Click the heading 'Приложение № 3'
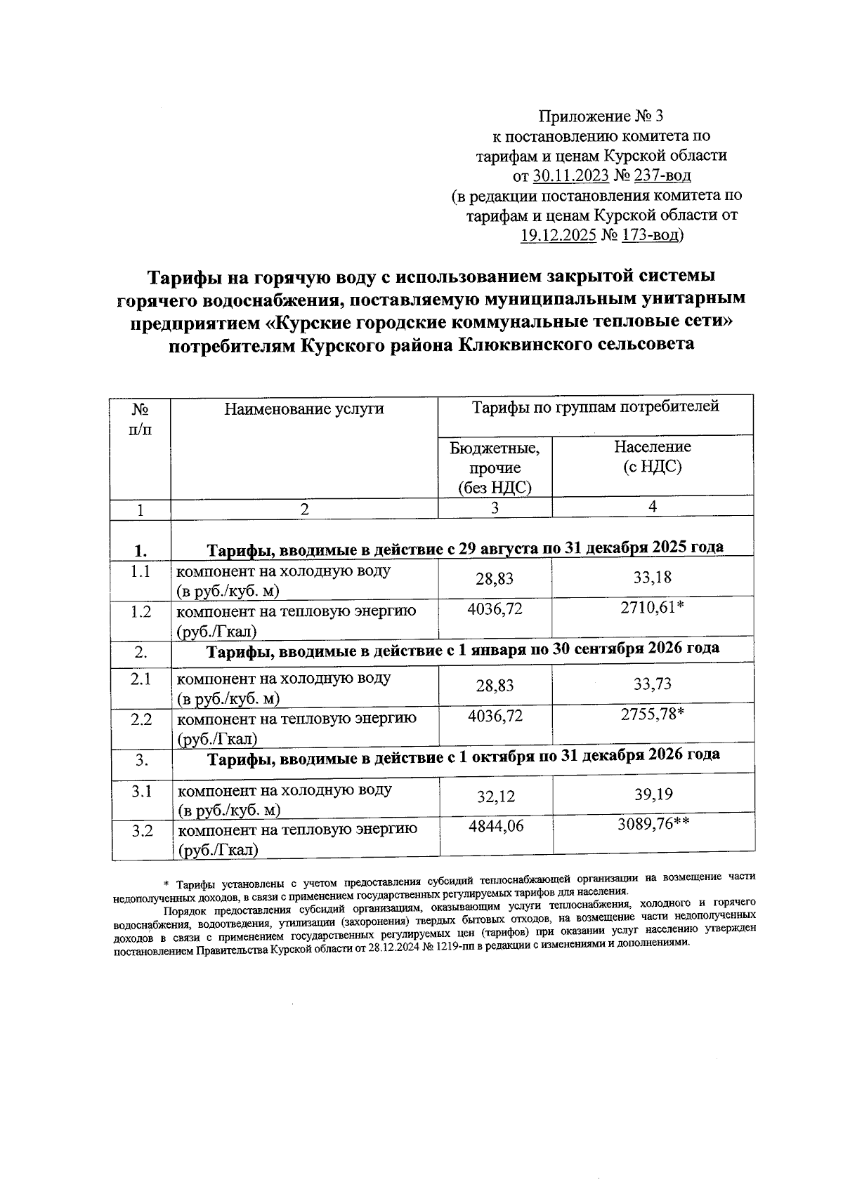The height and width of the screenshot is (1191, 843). point(600,116)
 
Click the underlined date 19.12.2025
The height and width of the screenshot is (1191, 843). point(557,234)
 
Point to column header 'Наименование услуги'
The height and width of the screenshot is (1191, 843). point(304,408)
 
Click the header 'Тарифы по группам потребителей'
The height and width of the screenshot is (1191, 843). point(595,406)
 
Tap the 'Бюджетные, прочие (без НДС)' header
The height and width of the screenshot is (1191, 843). point(495,467)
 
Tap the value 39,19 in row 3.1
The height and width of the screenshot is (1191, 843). point(653,794)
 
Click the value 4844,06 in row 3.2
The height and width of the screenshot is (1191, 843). point(495,827)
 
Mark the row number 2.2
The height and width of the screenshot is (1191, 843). point(141,719)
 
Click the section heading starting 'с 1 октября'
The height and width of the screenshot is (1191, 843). point(463,756)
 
